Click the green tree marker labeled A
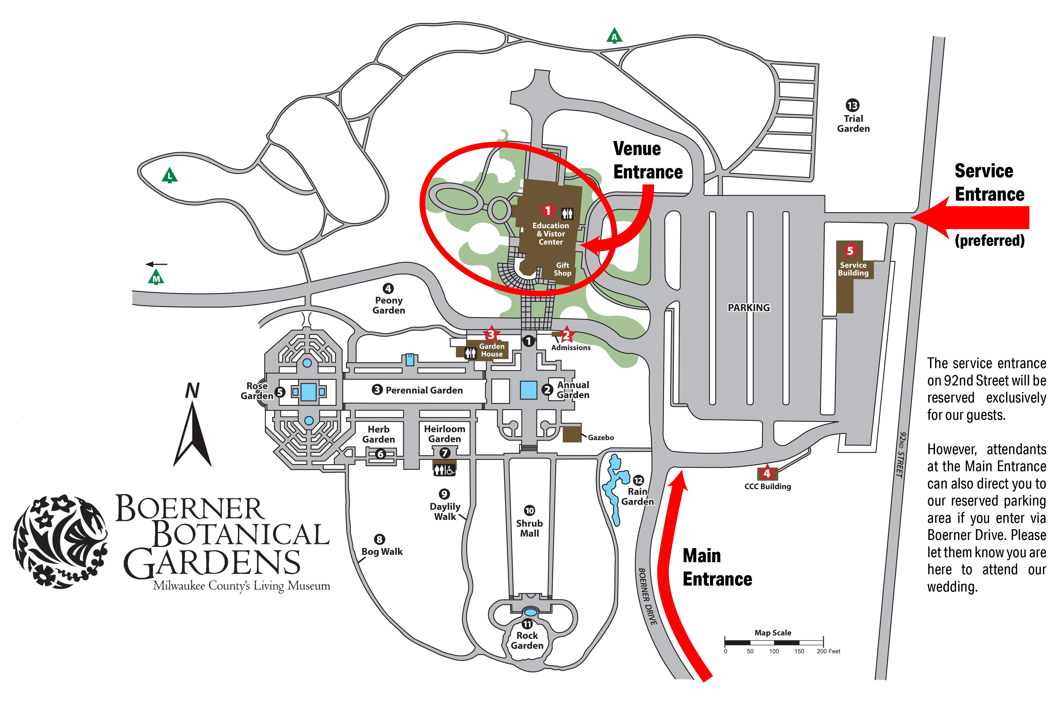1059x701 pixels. [614, 36]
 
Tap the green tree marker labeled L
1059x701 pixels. [169, 175]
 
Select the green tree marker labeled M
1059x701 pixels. [156, 278]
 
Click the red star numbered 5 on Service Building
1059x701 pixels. [850, 251]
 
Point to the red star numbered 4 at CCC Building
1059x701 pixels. [767, 473]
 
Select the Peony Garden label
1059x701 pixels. [389, 305]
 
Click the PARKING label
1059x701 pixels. [749, 308]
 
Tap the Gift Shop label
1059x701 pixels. [562, 269]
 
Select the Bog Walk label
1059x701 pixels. [382, 552]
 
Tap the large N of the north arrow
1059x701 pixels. [192, 391]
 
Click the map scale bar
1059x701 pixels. [774, 642]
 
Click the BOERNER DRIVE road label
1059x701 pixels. [647, 596]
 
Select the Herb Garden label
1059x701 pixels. [378, 434]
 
